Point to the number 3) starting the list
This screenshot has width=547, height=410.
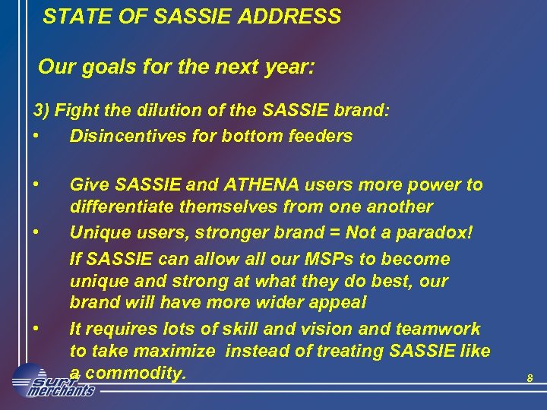point(42,111)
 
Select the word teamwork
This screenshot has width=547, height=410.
point(441,329)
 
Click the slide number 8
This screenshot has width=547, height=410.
point(530,378)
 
